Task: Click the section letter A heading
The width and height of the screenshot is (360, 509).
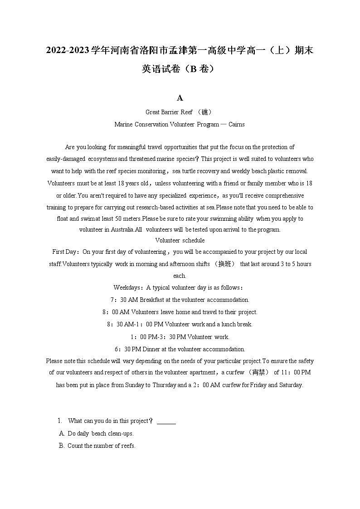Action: pyautogui.click(x=180, y=98)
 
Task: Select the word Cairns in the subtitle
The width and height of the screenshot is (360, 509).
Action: pyautogui.click(x=236, y=124)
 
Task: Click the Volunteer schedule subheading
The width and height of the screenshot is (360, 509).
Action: pyautogui.click(x=180, y=240)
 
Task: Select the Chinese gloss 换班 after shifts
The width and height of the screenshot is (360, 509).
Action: pyautogui.click(x=225, y=264)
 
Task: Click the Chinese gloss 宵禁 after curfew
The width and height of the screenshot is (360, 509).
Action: pyautogui.click(x=259, y=373)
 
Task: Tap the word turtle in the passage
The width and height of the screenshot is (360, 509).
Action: pyautogui.click(x=191, y=171)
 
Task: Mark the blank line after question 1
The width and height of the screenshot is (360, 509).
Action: pyautogui.click(x=166, y=422)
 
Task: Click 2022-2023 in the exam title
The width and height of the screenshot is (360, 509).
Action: pyautogui.click(x=67, y=50)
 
